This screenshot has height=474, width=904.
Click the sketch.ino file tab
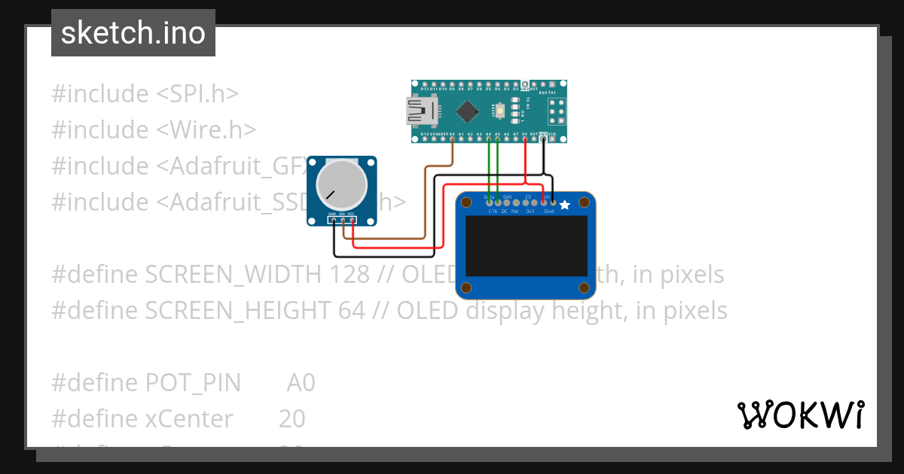point(133,33)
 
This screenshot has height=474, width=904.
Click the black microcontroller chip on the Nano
point(467,112)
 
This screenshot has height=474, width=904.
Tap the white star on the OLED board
point(564,204)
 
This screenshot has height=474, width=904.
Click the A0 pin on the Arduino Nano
point(452,138)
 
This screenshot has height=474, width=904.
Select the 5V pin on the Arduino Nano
point(524,138)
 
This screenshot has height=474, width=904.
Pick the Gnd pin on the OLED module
point(553,202)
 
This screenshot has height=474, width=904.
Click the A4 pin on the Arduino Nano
point(488,138)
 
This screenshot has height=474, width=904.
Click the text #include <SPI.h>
point(145,94)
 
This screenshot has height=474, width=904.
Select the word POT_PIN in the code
point(193,383)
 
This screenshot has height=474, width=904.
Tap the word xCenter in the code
point(188,418)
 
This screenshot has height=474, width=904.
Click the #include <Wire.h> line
point(154,130)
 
